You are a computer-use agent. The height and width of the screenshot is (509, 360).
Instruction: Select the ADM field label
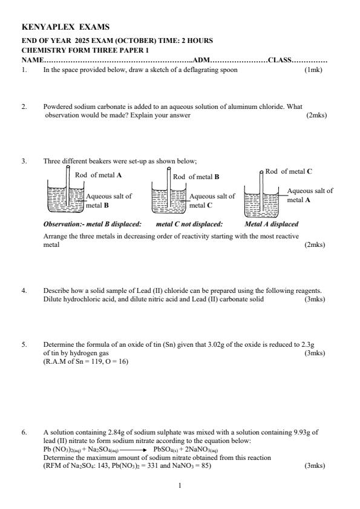[200, 61]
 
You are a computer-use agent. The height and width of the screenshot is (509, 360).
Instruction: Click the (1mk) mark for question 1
[314, 70]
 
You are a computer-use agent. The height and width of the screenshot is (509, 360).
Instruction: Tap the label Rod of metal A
[99, 175]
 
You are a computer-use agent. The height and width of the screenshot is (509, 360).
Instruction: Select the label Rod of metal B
[196, 177]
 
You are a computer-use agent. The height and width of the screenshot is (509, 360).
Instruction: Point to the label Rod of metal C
[289, 171]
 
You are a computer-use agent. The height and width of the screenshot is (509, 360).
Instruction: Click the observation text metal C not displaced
[189, 224]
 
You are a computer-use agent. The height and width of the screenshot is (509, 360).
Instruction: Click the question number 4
[24, 291]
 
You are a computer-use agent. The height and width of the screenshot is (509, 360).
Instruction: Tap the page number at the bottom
[180, 485]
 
